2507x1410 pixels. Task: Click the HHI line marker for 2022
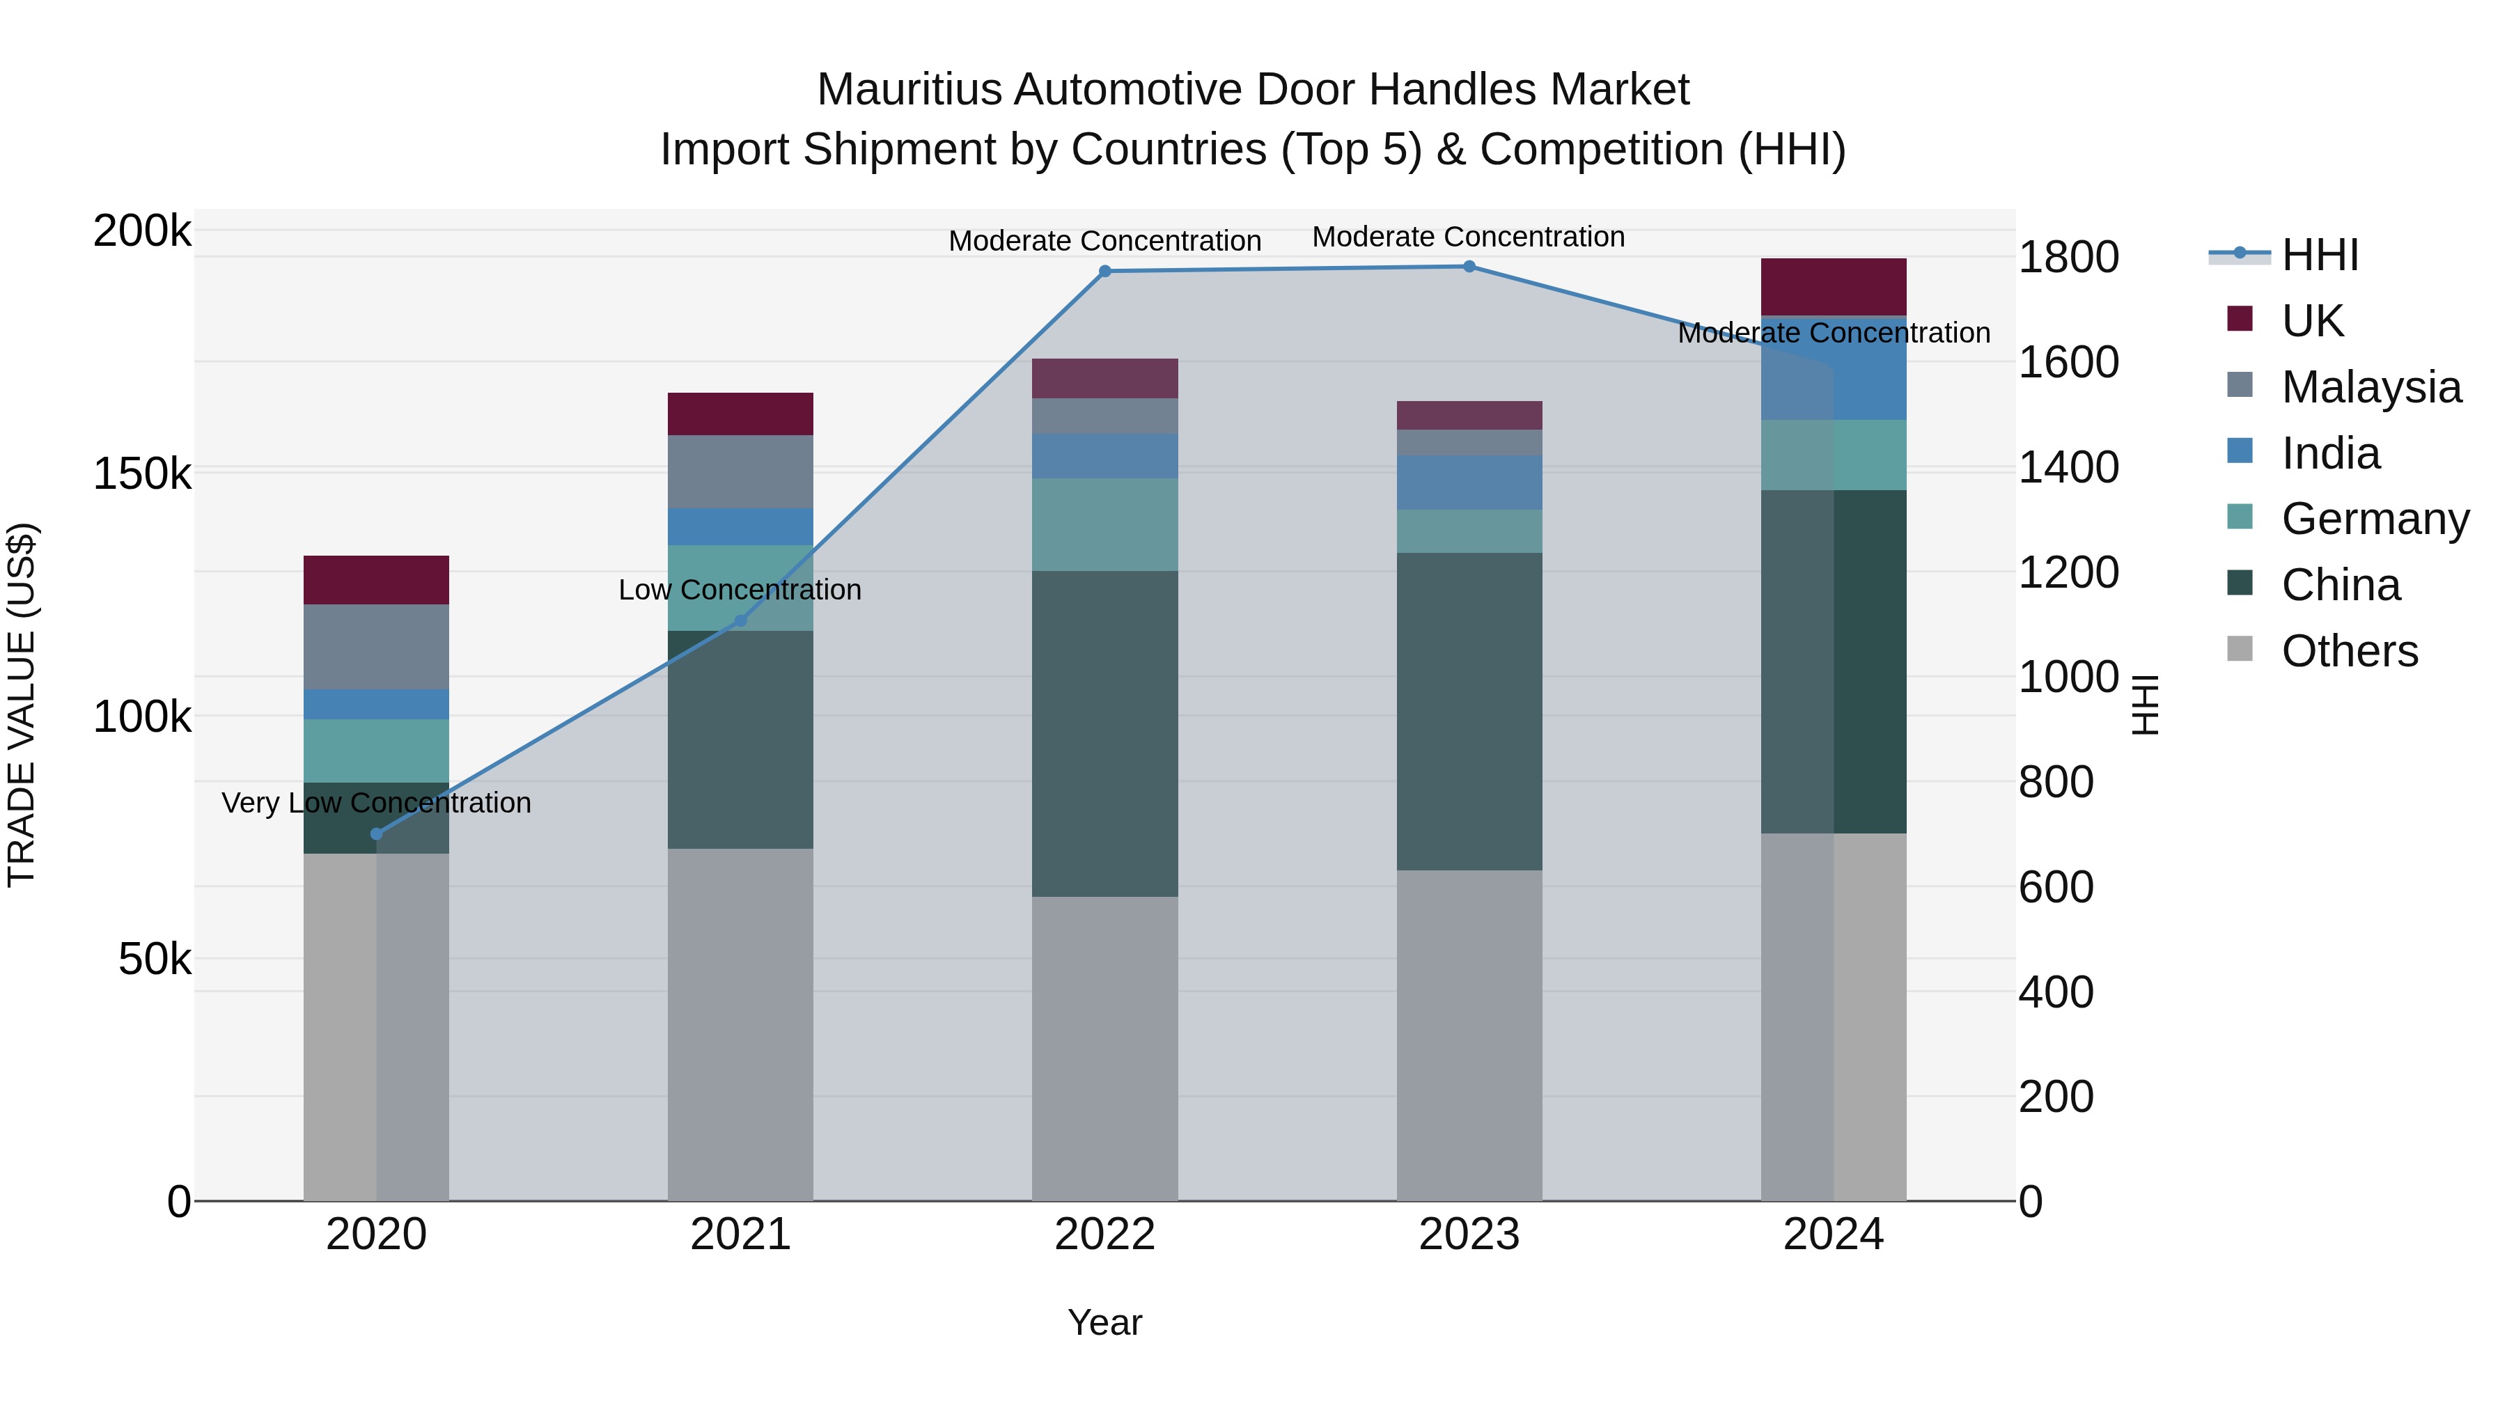[1104, 272]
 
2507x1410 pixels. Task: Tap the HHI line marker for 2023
[1469, 267]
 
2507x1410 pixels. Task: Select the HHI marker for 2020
[377, 834]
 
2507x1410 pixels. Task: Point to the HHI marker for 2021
[741, 621]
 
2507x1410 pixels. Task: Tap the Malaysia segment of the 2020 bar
[377, 647]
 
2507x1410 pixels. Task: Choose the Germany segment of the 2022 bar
[1104, 524]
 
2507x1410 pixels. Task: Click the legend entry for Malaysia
[2371, 387]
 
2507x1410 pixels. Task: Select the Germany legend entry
[2375, 519]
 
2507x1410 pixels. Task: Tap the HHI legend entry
[2319, 255]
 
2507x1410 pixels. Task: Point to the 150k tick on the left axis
[142, 475]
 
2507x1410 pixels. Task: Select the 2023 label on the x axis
[1469, 1235]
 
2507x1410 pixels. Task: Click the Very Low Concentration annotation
[377, 803]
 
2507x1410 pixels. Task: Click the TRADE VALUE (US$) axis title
[22, 705]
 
